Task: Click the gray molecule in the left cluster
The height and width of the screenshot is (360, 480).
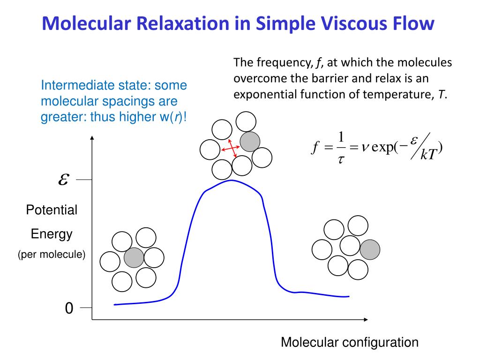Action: click(x=134, y=257)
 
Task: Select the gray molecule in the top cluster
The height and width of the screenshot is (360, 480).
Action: click(x=250, y=141)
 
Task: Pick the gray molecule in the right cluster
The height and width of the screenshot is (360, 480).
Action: click(x=370, y=249)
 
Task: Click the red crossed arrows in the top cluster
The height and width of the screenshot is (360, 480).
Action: click(x=230, y=148)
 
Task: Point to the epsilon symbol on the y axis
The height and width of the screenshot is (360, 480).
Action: click(x=64, y=180)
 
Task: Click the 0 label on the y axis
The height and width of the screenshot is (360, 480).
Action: click(x=69, y=308)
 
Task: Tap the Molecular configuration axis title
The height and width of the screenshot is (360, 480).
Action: click(x=349, y=342)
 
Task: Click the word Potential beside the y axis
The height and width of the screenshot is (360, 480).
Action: click(x=52, y=210)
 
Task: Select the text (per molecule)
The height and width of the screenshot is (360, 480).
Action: click(x=52, y=255)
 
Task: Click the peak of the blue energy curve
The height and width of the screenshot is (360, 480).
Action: click(x=231, y=180)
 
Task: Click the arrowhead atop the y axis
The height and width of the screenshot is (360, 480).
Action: click(x=92, y=137)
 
